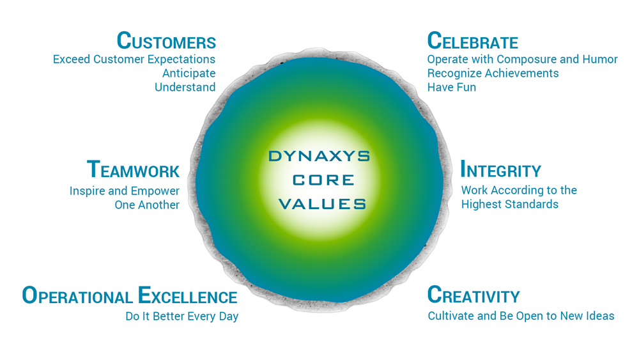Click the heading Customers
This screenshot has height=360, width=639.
pyautogui.click(x=166, y=41)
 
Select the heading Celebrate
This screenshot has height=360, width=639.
pyautogui.click(x=473, y=41)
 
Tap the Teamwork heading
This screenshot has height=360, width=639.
pyautogui.click(x=134, y=169)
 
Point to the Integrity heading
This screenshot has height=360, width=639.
pyautogui.click(x=501, y=169)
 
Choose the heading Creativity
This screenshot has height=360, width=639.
pyautogui.click(x=473, y=295)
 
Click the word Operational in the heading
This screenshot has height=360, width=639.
pyautogui.click(x=77, y=295)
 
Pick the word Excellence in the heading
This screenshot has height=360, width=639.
pyautogui.click(x=188, y=295)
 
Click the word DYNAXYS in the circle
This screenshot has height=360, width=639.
pyautogui.click(x=319, y=156)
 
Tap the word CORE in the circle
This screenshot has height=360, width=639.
pyautogui.click(x=323, y=180)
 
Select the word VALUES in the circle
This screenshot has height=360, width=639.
pyautogui.click(x=322, y=204)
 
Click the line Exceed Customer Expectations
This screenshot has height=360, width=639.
pyautogui.click(x=134, y=59)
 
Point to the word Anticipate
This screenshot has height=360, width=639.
pyautogui.click(x=189, y=74)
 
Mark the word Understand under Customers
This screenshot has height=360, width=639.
pyautogui.click(x=185, y=87)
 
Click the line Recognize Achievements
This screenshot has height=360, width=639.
pyautogui.click(x=493, y=74)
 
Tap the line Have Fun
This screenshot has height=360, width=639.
pyautogui.click(x=452, y=87)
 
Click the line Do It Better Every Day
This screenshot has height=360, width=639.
pyautogui.click(x=181, y=317)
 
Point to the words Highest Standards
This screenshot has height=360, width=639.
pyautogui.click(x=510, y=204)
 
